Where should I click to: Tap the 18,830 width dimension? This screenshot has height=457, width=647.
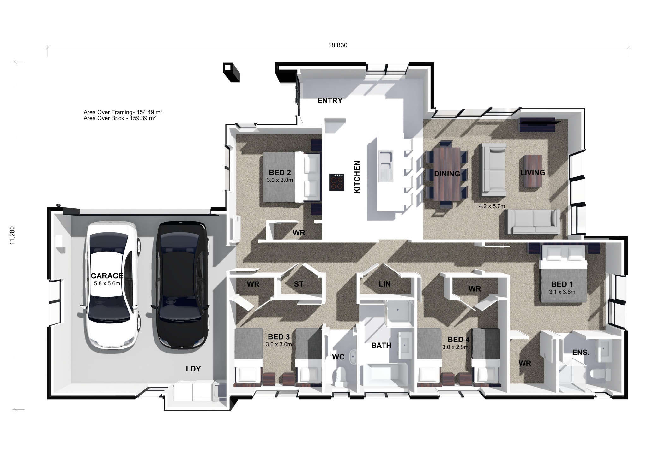coord(337,45)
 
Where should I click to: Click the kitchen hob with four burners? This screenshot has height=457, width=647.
coord(337,182)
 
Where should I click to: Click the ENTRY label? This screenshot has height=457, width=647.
coord(330,101)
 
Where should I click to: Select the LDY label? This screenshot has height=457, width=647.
coord(193,369)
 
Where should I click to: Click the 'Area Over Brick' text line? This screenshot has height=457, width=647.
coord(120,118)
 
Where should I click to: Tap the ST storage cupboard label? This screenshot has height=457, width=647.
coord(299,284)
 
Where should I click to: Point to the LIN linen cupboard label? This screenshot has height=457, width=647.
coord(384,284)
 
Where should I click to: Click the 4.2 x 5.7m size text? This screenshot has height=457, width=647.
coord(492,206)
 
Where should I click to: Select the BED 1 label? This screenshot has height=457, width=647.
coord(562,284)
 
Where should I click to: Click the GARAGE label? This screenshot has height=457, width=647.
coord(107,276)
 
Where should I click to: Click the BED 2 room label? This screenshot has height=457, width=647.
coord(280,173)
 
